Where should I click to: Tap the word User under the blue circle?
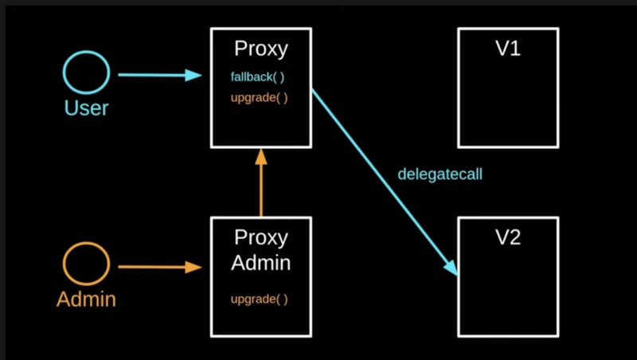[86, 108]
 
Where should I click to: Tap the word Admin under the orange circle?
[86, 299]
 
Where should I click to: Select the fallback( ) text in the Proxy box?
[257, 76]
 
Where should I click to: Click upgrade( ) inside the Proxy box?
[260, 98]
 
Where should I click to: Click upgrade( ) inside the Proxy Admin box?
[260, 299]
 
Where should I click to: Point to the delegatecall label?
[440, 174]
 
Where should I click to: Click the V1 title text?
[508, 49]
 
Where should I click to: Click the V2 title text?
[508, 237]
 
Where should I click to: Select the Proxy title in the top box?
[261, 49]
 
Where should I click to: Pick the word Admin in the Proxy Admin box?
[261, 263]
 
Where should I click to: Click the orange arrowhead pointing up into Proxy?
[261, 157]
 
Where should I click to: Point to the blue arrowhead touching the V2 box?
[451, 268]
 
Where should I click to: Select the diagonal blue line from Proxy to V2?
[385, 182]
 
